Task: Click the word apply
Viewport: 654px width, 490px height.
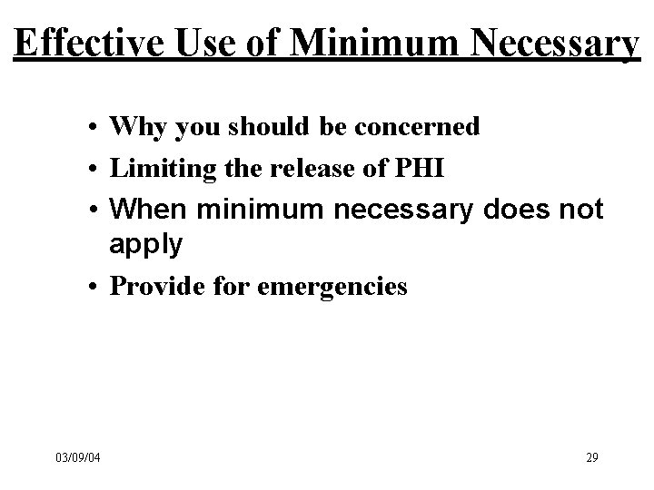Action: pyautogui.click(x=145, y=243)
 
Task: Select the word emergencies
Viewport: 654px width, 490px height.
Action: pyautogui.click(x=332, y=288)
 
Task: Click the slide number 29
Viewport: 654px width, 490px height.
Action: pyautogui.click(x=591, y=456)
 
